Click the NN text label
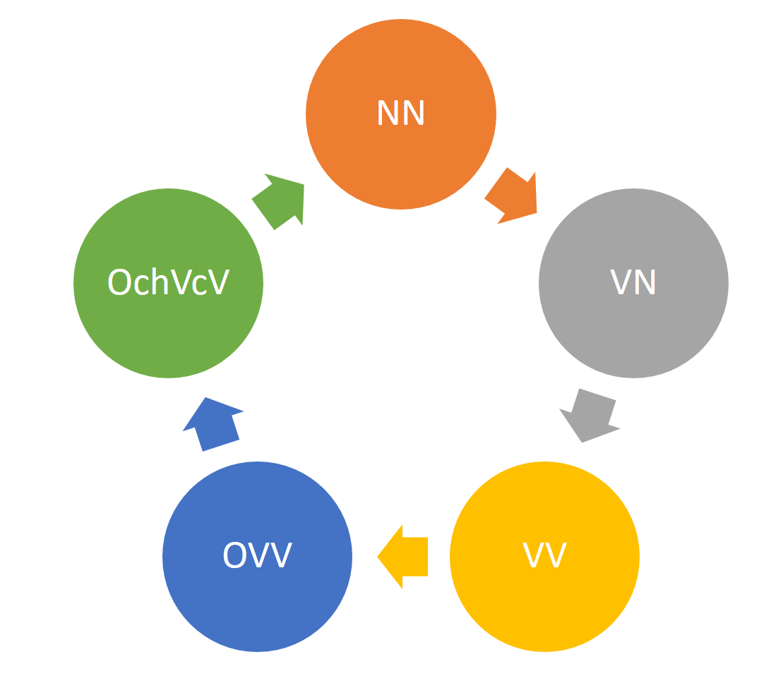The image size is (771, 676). (401, 113)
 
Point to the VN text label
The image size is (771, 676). (633, 282)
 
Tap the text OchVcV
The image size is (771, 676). (168, 282)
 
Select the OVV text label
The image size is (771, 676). (257, 555)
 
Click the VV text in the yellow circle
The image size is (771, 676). (544, 555)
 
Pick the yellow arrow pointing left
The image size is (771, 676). (405, 557)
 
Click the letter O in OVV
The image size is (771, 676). (235, 555)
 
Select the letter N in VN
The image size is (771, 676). (645, 282)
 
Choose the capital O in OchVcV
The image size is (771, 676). (119, 282)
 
